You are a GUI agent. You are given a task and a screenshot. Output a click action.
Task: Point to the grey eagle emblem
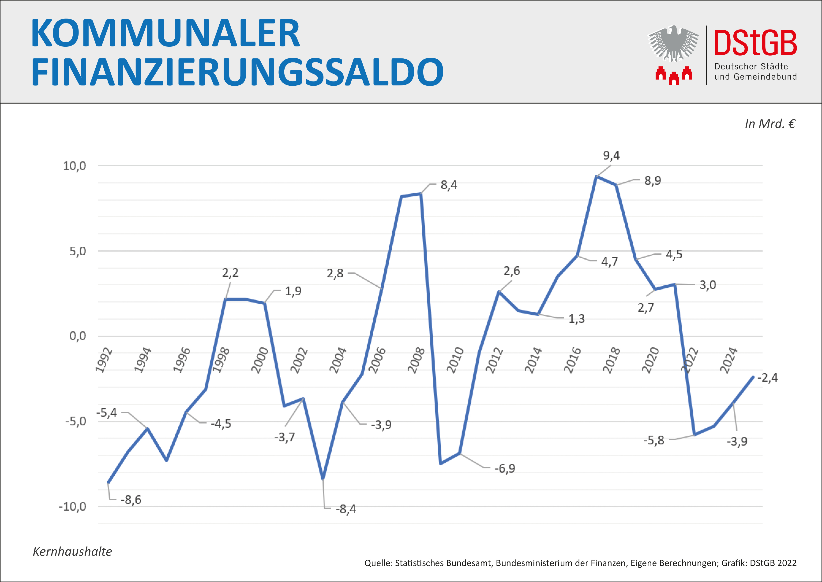point(673,44)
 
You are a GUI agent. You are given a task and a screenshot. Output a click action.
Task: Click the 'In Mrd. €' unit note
point(770,124)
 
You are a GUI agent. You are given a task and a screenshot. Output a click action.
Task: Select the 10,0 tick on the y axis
point(75,166)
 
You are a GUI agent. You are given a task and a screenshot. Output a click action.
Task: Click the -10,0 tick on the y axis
point(72,506)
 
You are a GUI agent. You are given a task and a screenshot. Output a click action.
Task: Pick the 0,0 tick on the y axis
point(78,336)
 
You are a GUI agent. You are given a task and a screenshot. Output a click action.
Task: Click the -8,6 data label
point(131,500)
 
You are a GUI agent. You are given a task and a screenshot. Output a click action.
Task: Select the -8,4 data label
point(345,509)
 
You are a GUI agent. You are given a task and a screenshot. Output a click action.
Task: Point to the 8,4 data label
point(449,185)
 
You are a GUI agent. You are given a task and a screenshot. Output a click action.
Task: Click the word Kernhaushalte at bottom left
point(72,551)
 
